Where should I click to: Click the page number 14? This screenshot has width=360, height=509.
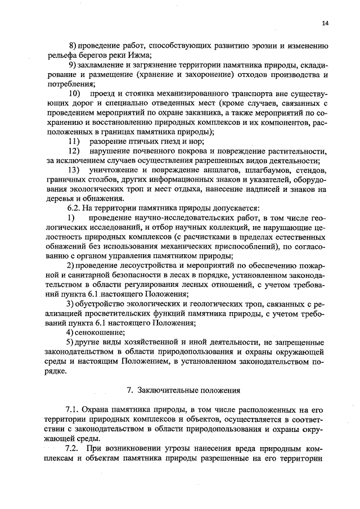pos(325,23)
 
